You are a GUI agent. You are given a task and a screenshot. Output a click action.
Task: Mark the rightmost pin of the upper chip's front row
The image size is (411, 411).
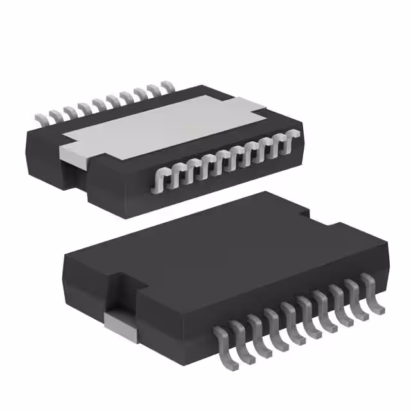[295, 136]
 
